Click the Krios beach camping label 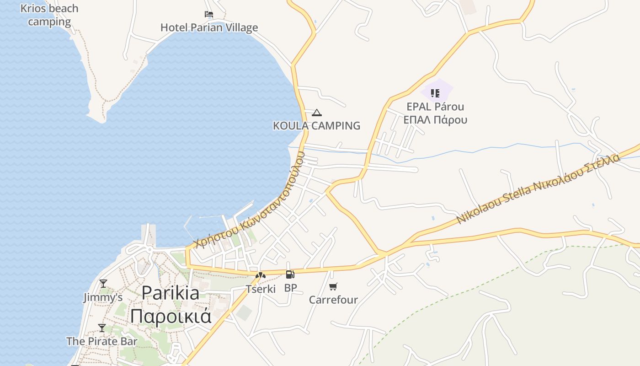click(x=49, y=15)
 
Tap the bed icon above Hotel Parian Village click(x=209, y=14)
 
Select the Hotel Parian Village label click(x=209, y=27)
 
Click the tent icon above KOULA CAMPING click(x=316, y=113)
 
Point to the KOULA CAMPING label click(x=316, y=126)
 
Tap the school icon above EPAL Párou click(x=435, y=93)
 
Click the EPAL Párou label click(x=435, y=107)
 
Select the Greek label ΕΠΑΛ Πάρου click(x=435, y=120)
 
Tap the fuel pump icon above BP click(x=290, y=274)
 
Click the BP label click(x=290, y=288)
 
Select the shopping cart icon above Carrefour click(x=333, y=287)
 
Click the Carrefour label click(x=333, y=300)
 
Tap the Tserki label click(x=261, y=289)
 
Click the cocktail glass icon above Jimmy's click(x=103, y=284)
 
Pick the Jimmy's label click(x=103, y=298)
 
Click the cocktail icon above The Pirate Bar click(x=102, y=328)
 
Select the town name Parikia click(x=170, y=293)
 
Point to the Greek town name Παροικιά click(x=170, y=316)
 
